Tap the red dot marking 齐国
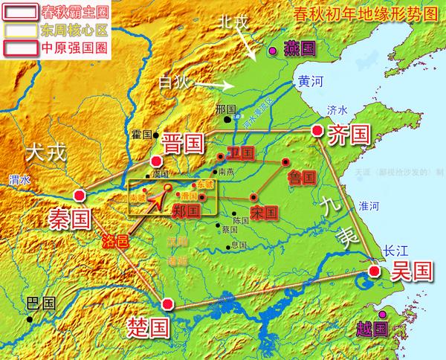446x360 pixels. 318,131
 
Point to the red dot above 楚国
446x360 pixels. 169,303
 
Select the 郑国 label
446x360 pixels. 187,210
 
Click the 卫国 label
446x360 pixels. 242,153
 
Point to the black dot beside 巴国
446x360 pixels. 30,319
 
